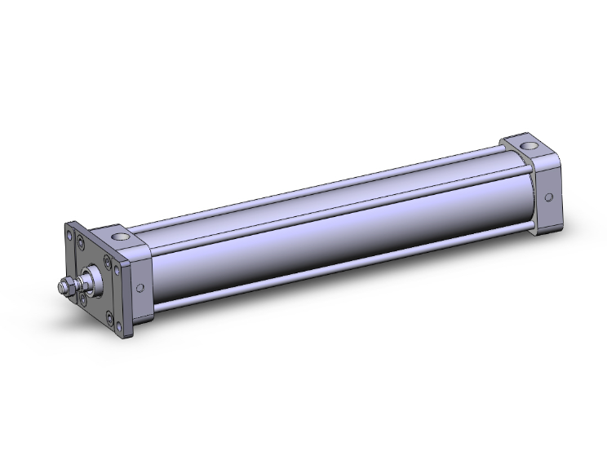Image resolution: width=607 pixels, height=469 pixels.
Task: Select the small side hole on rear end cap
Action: click(x=548, y=197)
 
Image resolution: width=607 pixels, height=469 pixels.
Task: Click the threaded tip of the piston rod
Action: click(x=61, y=287)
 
